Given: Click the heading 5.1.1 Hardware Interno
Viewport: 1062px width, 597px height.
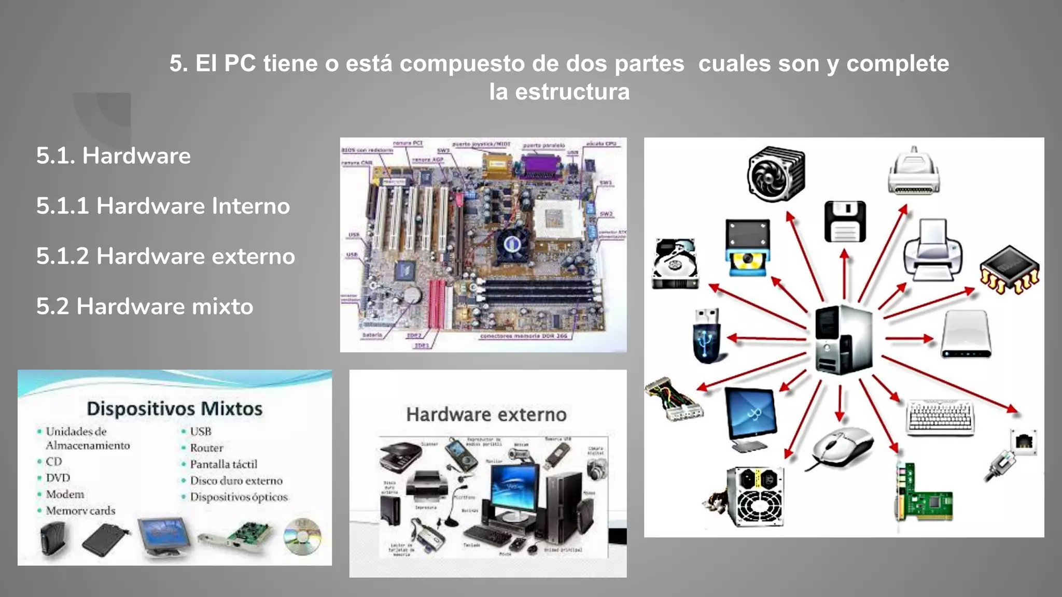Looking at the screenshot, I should coord(163,206).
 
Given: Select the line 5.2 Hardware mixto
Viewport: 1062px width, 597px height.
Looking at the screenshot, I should coord(145,306).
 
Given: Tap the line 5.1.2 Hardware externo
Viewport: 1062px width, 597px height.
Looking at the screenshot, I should coord(165,256).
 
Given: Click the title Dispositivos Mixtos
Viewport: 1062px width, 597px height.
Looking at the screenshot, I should coord(175,408).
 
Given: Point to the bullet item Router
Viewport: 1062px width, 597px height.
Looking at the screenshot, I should coord(206,448).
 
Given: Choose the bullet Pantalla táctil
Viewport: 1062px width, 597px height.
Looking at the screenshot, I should coord(223,464).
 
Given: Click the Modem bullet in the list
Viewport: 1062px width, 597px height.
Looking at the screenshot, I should coord(65,494).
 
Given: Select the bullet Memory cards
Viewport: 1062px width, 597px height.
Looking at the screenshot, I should coord(80,511).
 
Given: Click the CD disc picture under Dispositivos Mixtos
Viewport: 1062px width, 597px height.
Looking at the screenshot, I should coord(302,537).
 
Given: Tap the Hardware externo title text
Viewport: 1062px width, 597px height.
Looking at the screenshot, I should coord(486,415).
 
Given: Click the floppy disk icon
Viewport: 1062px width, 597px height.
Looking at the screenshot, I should coord(845,222).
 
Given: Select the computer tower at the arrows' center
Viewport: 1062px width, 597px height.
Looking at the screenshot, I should coord(843,339).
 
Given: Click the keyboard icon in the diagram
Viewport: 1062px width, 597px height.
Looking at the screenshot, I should coord(940,418).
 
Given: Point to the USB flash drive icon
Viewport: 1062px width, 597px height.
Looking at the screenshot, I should coord(707,336).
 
